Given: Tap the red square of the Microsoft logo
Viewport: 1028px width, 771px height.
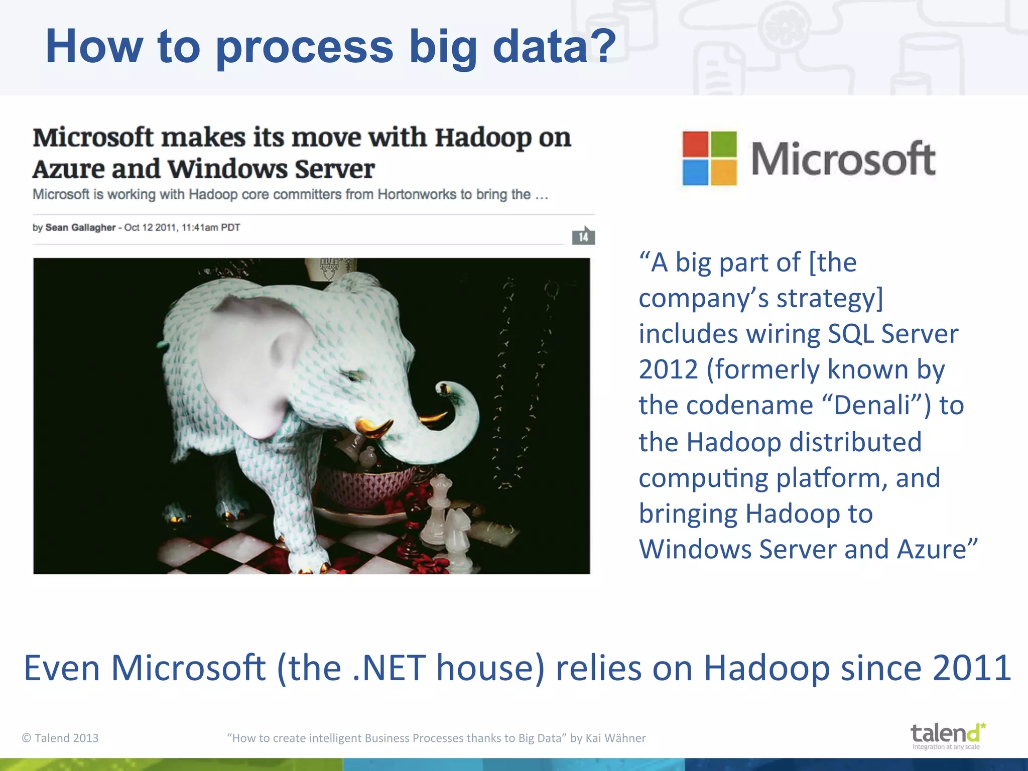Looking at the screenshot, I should pos(696,145).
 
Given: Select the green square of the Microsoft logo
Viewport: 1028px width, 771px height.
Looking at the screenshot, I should pos(724,145).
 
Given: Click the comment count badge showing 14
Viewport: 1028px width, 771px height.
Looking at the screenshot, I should pos(583,236).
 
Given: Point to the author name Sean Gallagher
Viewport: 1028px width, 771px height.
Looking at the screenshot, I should pos(80,227).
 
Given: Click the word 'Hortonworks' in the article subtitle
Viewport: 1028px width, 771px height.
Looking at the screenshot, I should pos(416,194).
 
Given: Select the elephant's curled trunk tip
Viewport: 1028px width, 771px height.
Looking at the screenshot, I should pos(444,389).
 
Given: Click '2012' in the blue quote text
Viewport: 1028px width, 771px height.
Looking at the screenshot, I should pos(668,370).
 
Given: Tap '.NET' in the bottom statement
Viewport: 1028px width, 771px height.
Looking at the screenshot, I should pos(389,669).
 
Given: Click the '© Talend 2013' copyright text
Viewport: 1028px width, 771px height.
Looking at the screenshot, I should pos(60,738).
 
